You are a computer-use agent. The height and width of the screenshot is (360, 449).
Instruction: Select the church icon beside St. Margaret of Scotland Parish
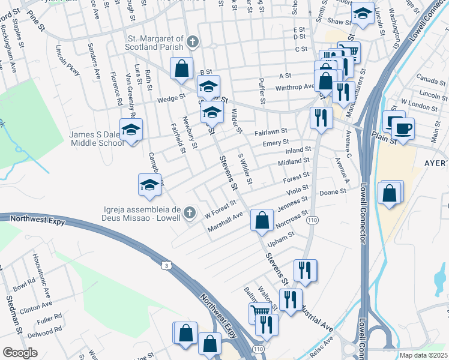192,41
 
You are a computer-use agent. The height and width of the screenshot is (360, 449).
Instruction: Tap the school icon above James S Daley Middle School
131,129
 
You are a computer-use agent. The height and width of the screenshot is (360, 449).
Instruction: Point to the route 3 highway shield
166,265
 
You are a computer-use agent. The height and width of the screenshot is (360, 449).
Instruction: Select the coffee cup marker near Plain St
403,128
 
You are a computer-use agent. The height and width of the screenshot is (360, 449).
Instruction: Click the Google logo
20,353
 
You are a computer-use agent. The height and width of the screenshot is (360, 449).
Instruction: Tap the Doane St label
334,192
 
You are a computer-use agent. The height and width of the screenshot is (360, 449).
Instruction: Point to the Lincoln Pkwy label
67,60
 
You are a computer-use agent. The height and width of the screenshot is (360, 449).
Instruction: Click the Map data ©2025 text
424,355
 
